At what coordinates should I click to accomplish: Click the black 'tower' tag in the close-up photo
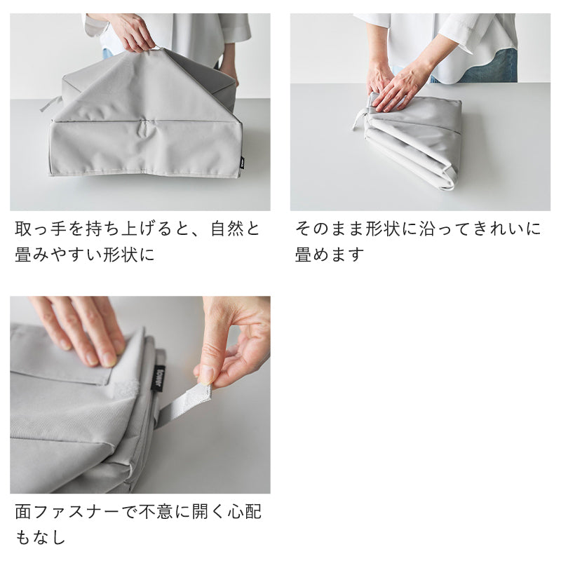pyautogui.click(x=159, y=378)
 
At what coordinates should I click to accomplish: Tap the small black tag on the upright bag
pyautogui.click(x=242, y=163)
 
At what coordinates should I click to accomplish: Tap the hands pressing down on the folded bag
pyautogui.click(x=397, y=85)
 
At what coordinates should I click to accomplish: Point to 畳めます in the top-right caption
pyautogui.click(x=329, y=255)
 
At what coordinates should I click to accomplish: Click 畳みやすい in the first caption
pyautogui.click(x=58, y=255)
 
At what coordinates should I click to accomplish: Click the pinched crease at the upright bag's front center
pyautogui.click(x=146, y=130)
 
